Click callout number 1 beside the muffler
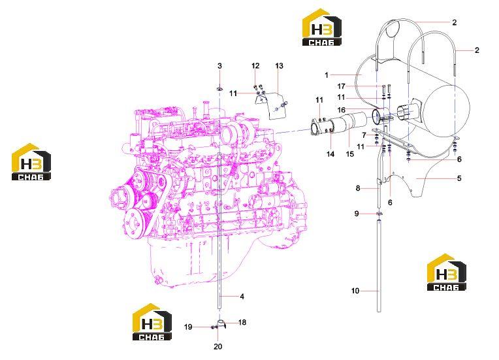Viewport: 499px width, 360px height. pos(327,75)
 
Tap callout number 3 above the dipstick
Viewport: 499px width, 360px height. pos(219,66)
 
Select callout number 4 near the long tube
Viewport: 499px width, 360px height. pos(242,297)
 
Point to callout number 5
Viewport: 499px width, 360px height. pos(459,178)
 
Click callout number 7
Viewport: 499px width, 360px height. pos(364,136)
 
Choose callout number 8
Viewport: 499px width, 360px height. pos(358,188)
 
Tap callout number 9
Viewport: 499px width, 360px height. pos(357,214)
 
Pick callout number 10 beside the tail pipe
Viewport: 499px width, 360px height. pos(355,291)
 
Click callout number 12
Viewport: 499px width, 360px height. pos(255,66)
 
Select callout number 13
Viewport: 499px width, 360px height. pos(279,66)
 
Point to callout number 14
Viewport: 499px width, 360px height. pos(330,154)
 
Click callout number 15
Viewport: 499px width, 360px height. pos(349,154)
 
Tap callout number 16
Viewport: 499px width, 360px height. pos(341,110)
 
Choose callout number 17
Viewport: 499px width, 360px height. pos(341,86)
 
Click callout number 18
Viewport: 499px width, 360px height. pos(242,323)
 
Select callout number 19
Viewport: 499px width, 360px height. pos(188,327)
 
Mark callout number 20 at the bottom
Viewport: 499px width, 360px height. pos(217,346)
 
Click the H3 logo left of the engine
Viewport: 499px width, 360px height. pos(31,162)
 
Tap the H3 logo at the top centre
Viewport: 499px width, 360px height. pos(321,27)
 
